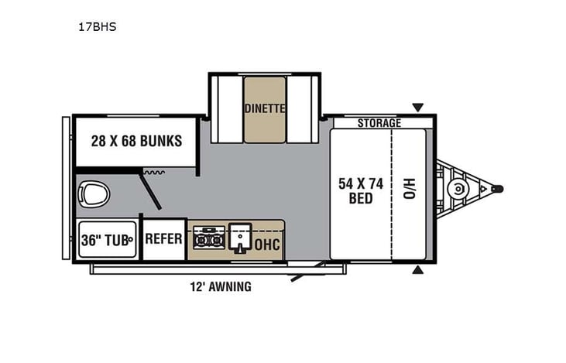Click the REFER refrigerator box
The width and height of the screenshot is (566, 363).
click(x=163, y=239)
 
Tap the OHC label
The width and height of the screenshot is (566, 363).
click(x=268, y=245)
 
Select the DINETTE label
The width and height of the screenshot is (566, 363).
click(x=265, y=108)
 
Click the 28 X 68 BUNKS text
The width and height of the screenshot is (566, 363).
click(x=135, y=141)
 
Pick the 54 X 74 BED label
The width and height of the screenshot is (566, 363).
click(x=360, y=190)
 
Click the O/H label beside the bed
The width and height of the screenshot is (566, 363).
click(x=409, y=188)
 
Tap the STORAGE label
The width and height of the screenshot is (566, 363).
click(x=379, y=123)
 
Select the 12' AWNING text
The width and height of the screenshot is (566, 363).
click(x=221, y=287)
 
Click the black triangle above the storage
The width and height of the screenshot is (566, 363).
click(x=418, y=108)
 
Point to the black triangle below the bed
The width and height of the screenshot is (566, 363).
click(x=418, y=270)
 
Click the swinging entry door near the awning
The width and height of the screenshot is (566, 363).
click(x=306, y=272)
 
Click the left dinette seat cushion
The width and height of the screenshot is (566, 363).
click(x=228, y=109)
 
